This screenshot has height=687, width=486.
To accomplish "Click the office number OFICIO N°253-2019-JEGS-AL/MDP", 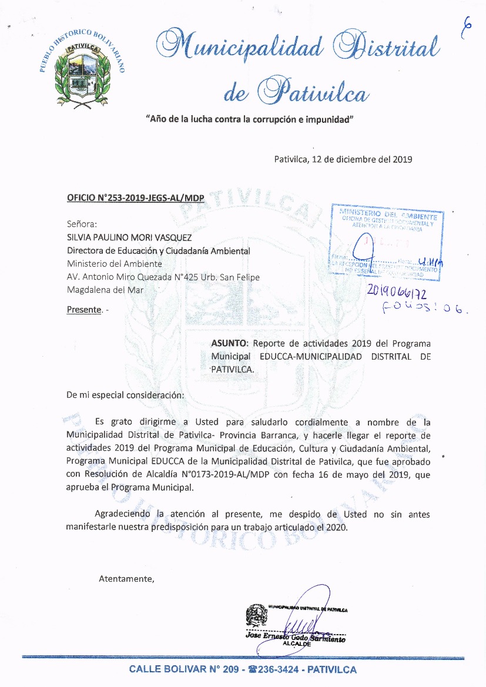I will click(136, 198).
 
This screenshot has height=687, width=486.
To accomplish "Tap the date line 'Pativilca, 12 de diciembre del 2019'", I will click(343, 159).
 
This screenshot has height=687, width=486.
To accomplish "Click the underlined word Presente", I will click(84, 310).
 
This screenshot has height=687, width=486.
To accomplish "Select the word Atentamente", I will click(126, 579).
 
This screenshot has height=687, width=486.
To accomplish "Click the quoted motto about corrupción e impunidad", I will click(249, 119).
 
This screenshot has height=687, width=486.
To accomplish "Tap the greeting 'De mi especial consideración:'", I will click(125, 395).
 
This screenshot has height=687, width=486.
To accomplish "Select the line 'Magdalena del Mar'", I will click(105, 290).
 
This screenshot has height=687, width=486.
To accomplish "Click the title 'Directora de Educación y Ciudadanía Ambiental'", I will click(159, 251).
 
